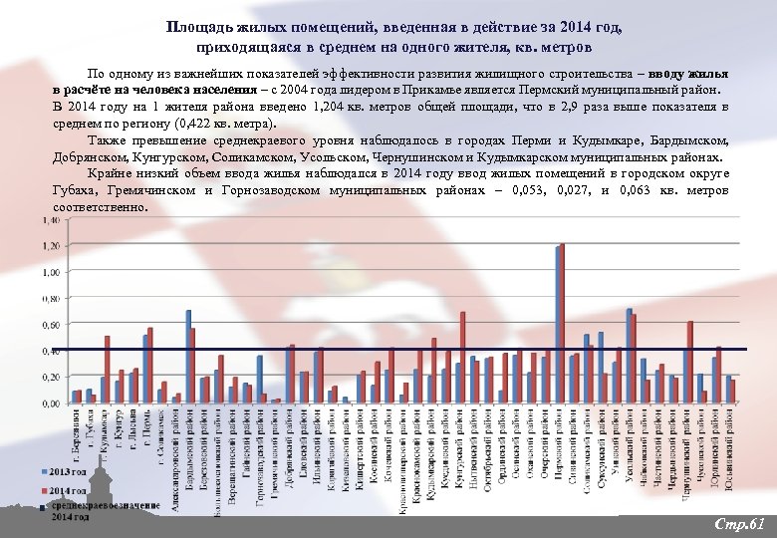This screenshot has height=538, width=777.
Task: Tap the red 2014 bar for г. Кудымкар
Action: coord(107,370)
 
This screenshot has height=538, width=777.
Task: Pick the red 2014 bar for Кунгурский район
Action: coord(463,358)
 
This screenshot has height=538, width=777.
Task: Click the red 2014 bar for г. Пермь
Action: coord(150,366)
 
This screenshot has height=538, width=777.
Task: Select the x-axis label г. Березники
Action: coord(76,443)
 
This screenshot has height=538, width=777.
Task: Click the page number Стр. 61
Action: coord(739,523)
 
